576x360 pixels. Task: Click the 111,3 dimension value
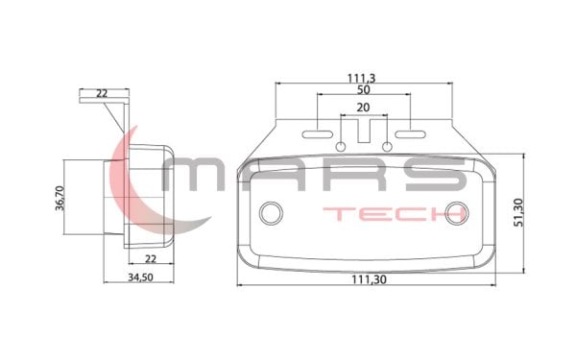(363, 76)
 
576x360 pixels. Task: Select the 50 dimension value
(364, 90)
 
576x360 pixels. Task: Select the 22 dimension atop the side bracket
(102, 94)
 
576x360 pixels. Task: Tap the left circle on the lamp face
(274, 211)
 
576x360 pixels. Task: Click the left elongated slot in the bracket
(322, 125)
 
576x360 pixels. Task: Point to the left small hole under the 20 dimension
(342, 146)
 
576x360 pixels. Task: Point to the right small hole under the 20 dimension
(387, 146)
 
